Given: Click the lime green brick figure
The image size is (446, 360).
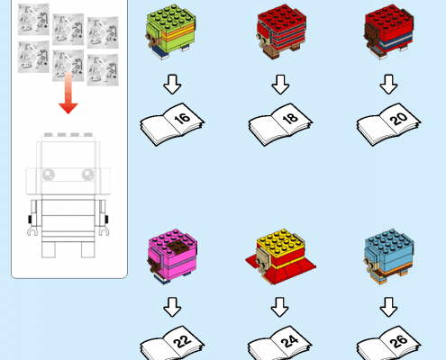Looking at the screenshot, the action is [x=170, y=31].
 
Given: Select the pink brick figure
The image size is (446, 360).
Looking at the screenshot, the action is [x=172, y=256].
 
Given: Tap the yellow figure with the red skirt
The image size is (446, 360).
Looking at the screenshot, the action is [x=280, y=256].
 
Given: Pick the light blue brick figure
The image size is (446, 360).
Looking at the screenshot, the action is [x=388, y=256].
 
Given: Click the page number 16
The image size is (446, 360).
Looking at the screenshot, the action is [x=182, y=118].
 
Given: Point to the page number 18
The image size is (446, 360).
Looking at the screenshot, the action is [x=290, y=118].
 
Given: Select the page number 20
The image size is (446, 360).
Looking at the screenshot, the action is [x=398, y=119].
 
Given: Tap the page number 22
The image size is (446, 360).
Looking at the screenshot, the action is [x=182, y=341].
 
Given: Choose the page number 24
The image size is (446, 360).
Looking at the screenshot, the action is [x=290, y=341].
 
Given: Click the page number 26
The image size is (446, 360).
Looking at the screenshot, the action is [x=398, y=341].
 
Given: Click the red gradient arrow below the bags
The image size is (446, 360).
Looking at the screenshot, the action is [x=68, y=93].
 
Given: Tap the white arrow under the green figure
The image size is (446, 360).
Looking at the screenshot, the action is [x=172, y=85].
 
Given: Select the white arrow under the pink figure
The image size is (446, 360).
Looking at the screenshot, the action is [x=172, y=307].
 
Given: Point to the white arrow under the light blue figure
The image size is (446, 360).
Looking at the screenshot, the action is [x=388, y=307].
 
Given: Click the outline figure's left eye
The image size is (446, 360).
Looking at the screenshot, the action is [x=49, y=175].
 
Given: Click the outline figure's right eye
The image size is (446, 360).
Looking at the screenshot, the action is [x=88, y=175].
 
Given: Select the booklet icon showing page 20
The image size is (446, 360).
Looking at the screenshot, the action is [x=388, y=124].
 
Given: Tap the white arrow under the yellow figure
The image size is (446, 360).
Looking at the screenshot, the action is [x=280, y=307].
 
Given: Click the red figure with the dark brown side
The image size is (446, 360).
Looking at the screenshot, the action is [x=388, y=31].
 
